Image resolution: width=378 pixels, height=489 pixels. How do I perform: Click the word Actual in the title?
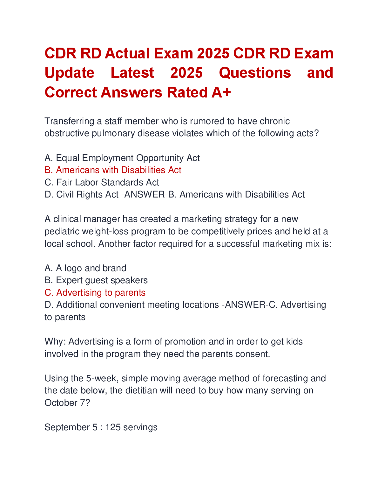[128, 53]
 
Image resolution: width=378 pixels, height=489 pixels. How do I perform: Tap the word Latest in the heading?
[132, 73]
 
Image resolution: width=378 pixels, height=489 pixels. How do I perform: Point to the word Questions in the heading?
[255, 73]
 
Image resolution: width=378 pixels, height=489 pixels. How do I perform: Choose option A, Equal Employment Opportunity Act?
[122, 158]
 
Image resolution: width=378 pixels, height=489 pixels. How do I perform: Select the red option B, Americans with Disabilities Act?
[113, 170]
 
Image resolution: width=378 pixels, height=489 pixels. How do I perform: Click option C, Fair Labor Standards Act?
[102, 183]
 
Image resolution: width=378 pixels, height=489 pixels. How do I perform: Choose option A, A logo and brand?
[85, 268]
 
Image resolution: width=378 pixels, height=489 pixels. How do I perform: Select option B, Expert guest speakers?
[96, 280]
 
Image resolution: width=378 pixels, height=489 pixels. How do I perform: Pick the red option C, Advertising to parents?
[95, 293]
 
